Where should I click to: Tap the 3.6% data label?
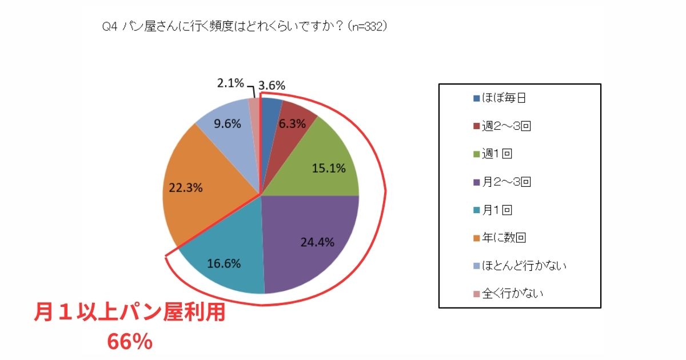(272, 85)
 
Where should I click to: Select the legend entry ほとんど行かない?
(521, 266)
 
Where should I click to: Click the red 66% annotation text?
(130, 342)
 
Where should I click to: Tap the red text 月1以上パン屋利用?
(130, 315)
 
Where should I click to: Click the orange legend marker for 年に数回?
(477, 238)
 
